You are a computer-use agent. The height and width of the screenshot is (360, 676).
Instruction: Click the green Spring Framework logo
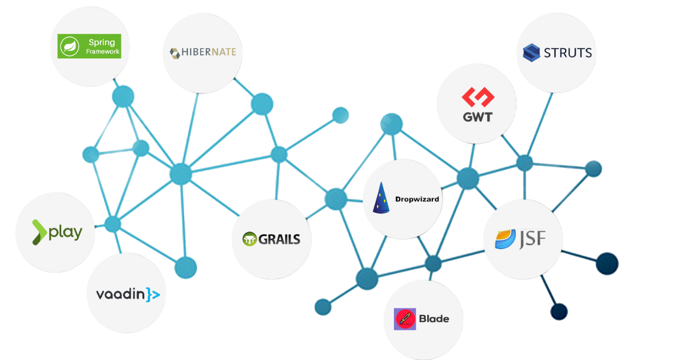coord(89,46)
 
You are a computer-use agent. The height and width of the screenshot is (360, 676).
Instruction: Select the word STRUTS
coord(567,53)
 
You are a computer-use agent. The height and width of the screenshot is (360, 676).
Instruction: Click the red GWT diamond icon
coord(477,97)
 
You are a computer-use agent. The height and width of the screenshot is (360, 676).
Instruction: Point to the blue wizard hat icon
coord(382,198)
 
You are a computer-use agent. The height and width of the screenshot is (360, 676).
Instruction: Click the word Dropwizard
coord(417,200)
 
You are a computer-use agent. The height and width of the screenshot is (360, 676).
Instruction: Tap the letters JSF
coord(531,239)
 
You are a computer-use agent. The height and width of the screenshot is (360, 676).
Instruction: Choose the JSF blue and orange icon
coord(505,239)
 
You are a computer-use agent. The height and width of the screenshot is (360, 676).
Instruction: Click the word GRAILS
coord(279,239)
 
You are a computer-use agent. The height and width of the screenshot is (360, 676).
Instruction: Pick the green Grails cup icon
coord(249,239)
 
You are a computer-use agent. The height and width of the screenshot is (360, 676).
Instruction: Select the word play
coord(65,232)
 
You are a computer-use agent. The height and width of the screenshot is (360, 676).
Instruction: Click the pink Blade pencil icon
coord(405,319)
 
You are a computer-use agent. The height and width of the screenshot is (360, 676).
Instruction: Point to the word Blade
coord(434,319)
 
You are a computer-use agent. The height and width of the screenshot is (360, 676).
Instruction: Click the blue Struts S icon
coord(531,53)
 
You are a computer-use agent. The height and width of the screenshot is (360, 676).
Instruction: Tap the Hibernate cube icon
coord(175,53)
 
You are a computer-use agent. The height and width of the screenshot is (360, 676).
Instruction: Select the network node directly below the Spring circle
coord(123,97)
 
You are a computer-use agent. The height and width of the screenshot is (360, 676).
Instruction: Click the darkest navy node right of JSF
coord(607,263)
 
